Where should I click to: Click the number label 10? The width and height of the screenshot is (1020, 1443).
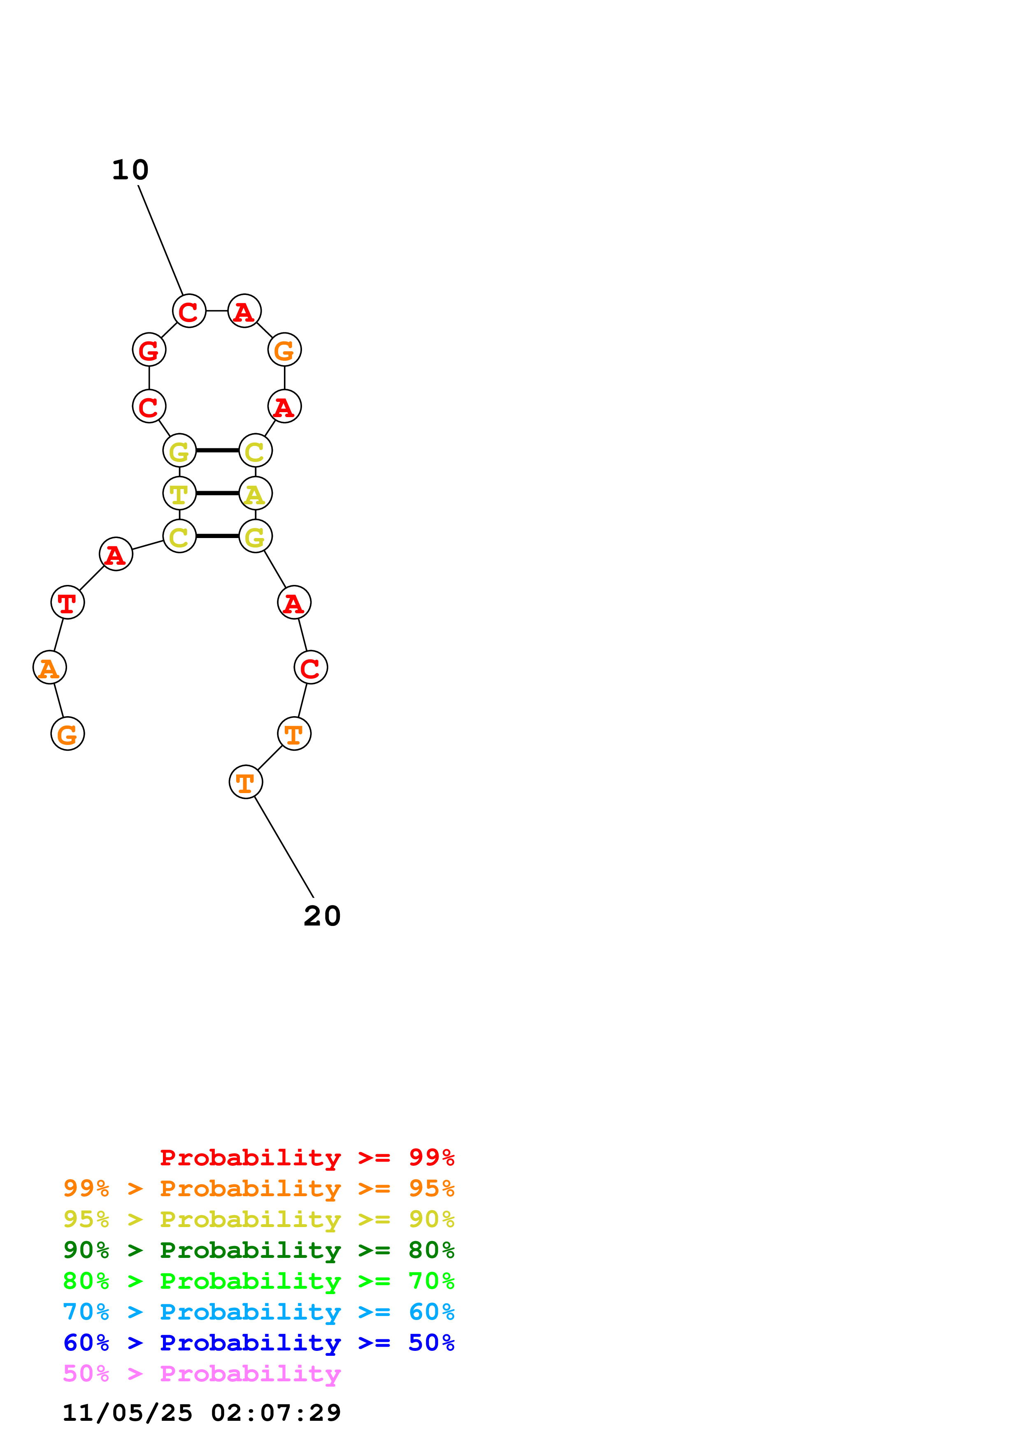point(130,170)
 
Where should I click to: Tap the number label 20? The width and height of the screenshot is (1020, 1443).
point(322,916)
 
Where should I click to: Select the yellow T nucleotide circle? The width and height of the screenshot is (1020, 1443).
point(179,493)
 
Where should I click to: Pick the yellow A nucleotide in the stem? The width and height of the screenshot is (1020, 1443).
point(255,493)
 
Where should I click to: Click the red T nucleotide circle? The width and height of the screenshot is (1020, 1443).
point(67,602)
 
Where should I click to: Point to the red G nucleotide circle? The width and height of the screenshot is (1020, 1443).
point(149,349)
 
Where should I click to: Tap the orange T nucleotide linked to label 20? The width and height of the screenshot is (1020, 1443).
point(246,782)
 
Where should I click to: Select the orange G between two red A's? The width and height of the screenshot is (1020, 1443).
point(285,349)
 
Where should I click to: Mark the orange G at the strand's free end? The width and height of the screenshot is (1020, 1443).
point(67,733)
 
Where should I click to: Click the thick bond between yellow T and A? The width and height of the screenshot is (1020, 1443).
point(217,493)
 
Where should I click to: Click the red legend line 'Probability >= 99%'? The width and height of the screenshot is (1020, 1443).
point(307,1158)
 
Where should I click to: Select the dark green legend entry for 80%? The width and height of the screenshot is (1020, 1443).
point(258,1250)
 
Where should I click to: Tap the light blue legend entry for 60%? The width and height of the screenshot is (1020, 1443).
point(258,1312)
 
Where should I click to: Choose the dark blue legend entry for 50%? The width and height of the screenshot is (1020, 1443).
point(258,1343)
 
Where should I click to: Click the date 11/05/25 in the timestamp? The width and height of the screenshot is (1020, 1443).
point(128,1413)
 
